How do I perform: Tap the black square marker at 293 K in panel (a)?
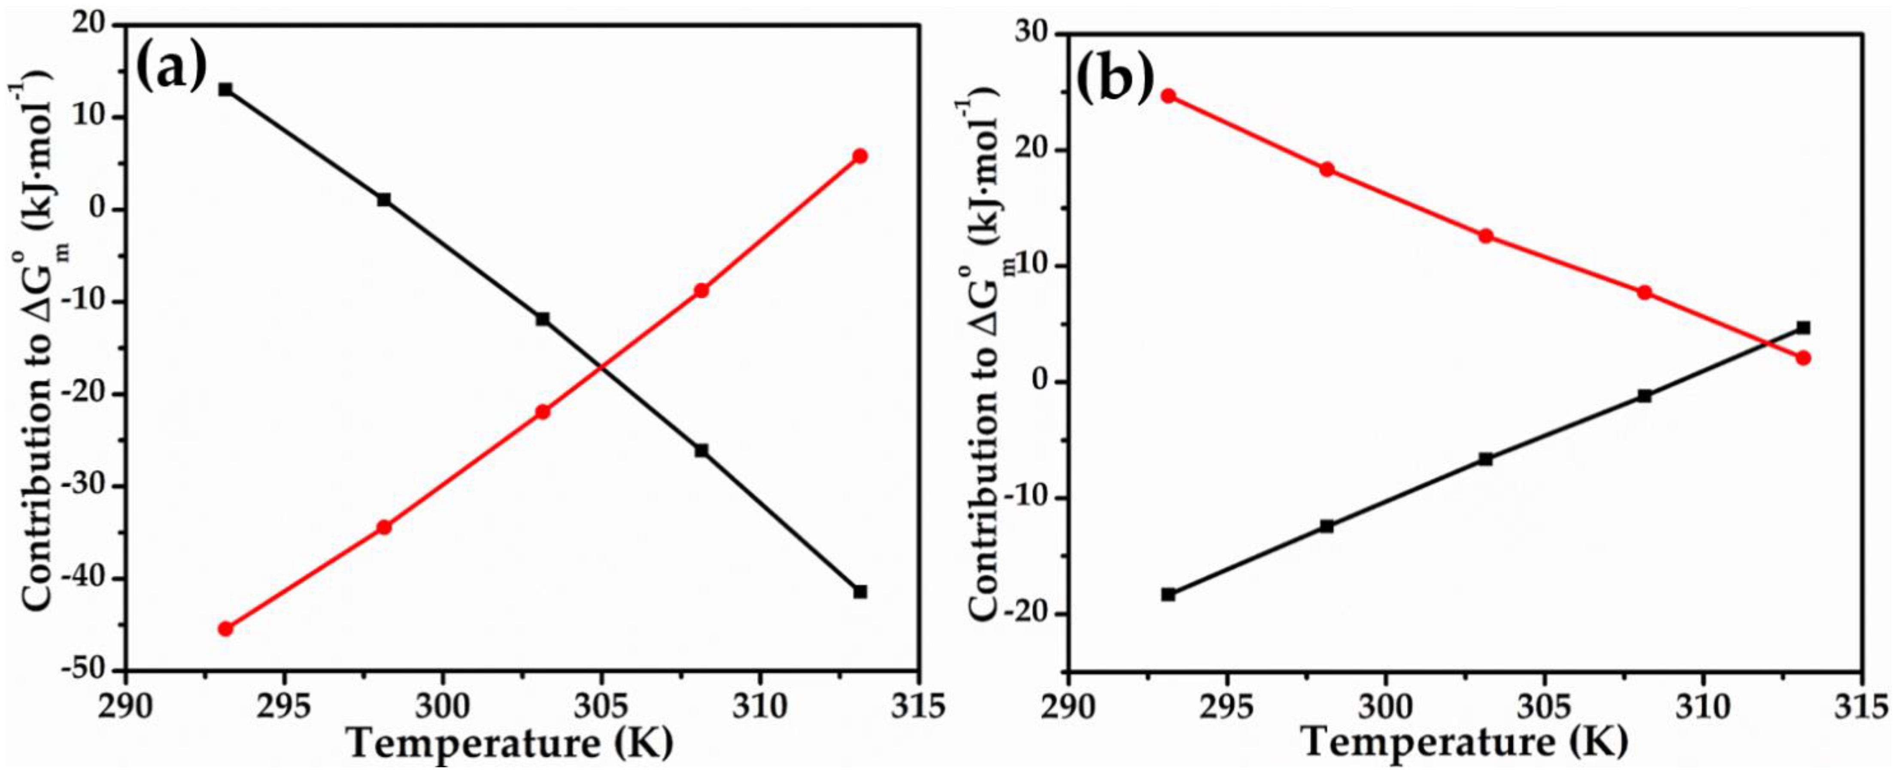click(225, 89)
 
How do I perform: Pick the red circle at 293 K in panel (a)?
click(225, 629)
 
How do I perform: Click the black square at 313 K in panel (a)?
click(859, 592)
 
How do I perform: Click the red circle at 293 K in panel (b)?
click(1168, 96)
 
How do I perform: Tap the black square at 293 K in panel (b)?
click(1168, 594)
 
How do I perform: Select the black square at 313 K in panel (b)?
click(1803, 328)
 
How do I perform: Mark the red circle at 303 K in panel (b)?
click(1485, 236)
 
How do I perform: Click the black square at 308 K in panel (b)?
click(1645, 396)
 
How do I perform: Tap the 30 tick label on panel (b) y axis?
click(1032, 35)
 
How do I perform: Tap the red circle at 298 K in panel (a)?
click(384, 527)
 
